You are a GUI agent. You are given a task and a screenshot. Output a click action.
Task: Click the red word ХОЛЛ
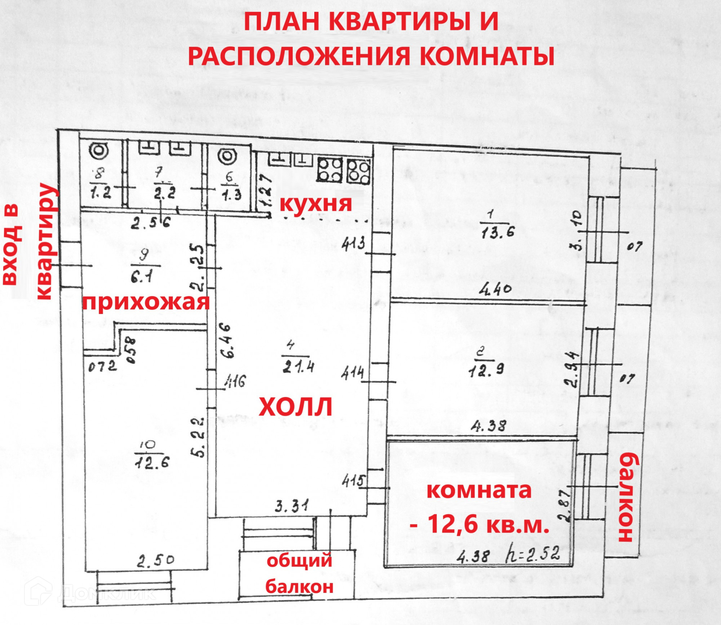pyautogui.click(x=296, y=407)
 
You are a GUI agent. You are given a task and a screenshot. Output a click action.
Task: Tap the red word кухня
pyautogui.click(x=316, y=203)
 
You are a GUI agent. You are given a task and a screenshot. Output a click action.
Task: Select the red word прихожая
pyautogui.click(x=145, y=302)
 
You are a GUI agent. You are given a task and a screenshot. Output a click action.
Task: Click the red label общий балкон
pyautogui.click(x=299, y=573)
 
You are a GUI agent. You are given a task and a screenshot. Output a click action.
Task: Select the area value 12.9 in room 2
pyautogui.click(x=486, y=371)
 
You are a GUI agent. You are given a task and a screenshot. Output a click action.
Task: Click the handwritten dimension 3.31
pyautogui.click(x=292, y=506)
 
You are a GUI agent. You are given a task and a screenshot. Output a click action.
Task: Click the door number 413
pyautogui.click(x=353, y=244)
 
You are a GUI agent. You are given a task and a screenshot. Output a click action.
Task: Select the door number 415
pyautogui.click(x=353, y=480)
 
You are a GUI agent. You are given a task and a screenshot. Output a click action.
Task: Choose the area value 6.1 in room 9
pyautogui.click(x=142, y=277)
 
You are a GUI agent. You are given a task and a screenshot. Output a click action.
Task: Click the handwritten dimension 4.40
pyautogui.click(x=495, y=289)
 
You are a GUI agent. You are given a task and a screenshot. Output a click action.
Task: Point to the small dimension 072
pyautogui.click(x=103, y=366)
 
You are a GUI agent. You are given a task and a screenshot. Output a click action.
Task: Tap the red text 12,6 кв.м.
pyautogui.click(x=488, y=524)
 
